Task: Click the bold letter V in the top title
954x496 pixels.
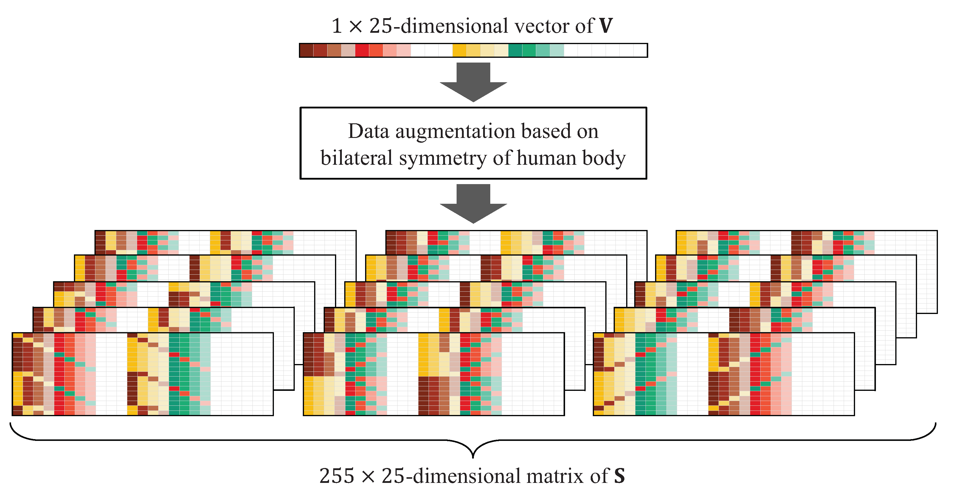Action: pyautogui.click(x=606, y=26)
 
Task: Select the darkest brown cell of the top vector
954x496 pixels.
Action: pyautogui.click(x=307, y=50)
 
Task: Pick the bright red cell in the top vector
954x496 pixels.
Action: pyautogui.click(x=362, y=50)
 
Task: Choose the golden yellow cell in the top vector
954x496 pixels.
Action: pyautogui.click(x=460, y=50)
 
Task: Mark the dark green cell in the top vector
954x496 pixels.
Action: pyautogui.click(x=515, y=50)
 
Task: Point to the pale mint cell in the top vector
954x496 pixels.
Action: pyautogui.click(x=557, y=50)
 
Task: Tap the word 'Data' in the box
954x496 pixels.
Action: pyautogui.click(x=368, y=131)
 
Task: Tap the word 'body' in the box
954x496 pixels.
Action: pyautogui.click(x=604, y=158)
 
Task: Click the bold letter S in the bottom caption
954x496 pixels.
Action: pyautogui.click(x=620, y=476)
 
